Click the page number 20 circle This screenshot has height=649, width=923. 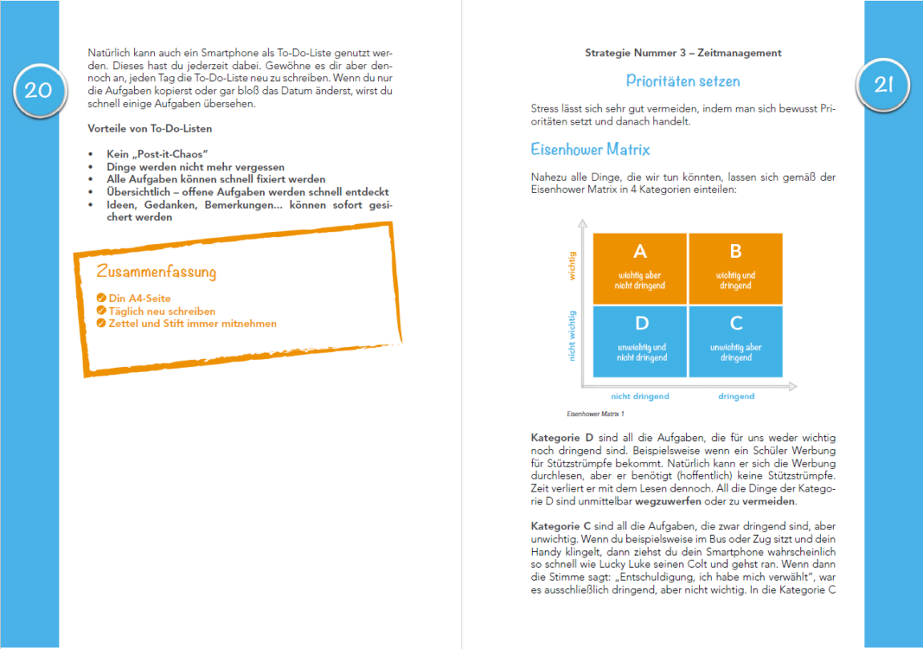click(38, 90)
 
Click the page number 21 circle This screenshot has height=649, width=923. click(884, 85)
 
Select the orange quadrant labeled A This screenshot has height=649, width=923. click(640, 268)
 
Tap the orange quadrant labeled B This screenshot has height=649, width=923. click(735, 268)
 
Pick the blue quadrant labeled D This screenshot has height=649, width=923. click(640, 341)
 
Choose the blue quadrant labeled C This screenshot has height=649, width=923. click(735, 341)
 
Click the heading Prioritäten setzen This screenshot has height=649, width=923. click(683, 81)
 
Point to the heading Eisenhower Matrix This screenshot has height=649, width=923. click(590, 149)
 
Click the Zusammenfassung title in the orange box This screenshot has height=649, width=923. click(157, 271)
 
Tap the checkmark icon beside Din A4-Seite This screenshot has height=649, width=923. click(101, 299)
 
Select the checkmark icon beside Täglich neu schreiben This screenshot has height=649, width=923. click(101, 311)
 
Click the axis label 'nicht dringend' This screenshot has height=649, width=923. click(640, 396)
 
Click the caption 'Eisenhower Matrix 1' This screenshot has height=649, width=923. click(595, 414)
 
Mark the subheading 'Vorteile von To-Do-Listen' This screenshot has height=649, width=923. click(150, 129)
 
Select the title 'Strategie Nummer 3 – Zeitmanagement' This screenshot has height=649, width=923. click(683, 53)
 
